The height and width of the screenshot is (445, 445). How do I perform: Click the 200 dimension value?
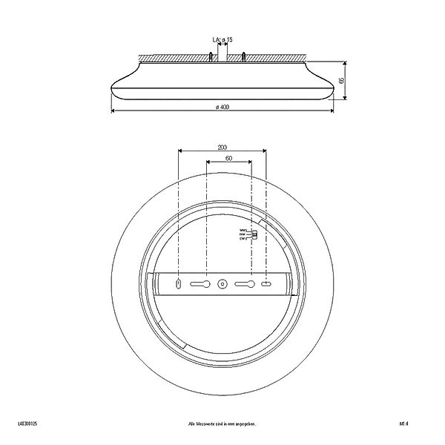[222, 146]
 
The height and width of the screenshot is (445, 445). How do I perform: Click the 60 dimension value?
[228, 158]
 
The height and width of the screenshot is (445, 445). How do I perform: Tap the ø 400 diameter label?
[222, 107]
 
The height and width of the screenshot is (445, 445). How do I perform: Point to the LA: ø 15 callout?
[222, 39]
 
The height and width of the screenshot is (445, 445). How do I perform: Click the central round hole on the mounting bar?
[222, 283]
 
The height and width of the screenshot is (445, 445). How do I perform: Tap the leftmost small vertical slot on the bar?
[179, 283]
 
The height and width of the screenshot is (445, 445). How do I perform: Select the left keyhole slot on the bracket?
[202, 283]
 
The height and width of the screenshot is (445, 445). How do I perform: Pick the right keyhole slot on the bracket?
[244, 283]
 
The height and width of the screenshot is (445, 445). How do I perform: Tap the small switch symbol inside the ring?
[254, 235]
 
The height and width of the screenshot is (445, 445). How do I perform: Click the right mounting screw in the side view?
[244, 57]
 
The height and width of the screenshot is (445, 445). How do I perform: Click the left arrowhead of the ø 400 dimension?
[113, 112]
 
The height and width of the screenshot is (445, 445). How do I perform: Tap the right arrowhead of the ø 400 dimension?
[332, 112]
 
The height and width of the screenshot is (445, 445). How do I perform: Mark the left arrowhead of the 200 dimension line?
[181, 151]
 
